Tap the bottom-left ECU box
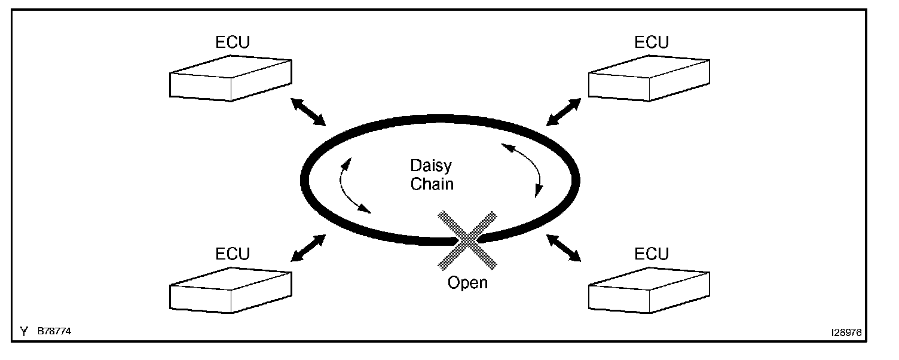point(231,290)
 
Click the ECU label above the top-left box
point(233,42)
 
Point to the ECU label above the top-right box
point(652,42)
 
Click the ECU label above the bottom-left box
point(233,254)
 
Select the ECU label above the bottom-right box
point(652,254)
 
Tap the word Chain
point(432,184)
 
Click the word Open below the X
point(467,282)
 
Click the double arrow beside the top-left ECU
point(309,112)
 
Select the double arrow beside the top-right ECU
point(564,112)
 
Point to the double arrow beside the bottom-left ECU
point(308,248)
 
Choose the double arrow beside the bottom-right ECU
point(564,248)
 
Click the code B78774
point(54,331)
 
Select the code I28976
point(845,332)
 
